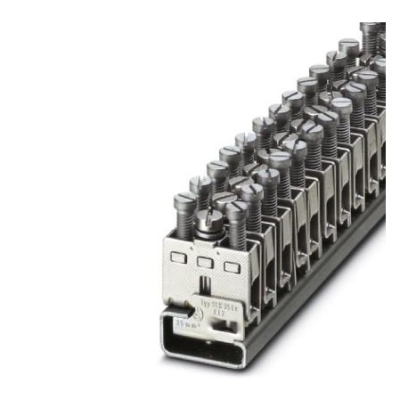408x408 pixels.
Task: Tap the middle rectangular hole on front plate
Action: [206, 262]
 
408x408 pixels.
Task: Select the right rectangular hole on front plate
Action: [233, 267]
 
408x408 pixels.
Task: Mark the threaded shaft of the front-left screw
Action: [184, 223]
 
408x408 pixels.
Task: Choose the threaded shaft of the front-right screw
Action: [237, 233]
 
